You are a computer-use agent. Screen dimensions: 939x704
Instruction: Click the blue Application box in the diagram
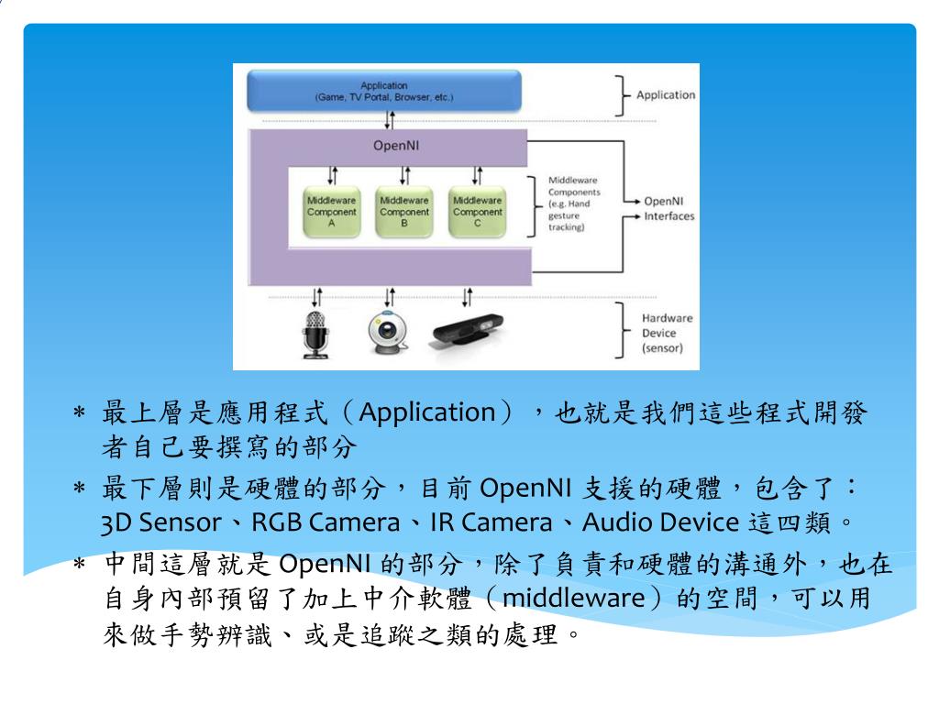click(384, 91)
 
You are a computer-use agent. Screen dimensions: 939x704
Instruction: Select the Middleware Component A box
click(331, 213)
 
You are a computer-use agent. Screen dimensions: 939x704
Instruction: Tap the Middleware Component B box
click(403, 213)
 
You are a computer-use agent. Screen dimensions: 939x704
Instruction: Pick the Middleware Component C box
click(477, 213)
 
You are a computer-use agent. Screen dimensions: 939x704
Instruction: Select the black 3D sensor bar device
click(467, 334)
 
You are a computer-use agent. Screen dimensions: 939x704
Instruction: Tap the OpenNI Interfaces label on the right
click(668, 209)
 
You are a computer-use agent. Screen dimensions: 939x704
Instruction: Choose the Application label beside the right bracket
click(665, 94)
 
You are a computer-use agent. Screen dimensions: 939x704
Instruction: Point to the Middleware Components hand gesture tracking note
click(573, 203)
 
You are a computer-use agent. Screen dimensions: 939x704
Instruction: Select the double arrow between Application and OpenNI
click(390, 119)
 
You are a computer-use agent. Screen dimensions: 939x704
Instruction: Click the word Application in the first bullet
click(426, 413)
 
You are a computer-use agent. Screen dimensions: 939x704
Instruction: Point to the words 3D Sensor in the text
click(160, 522)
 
